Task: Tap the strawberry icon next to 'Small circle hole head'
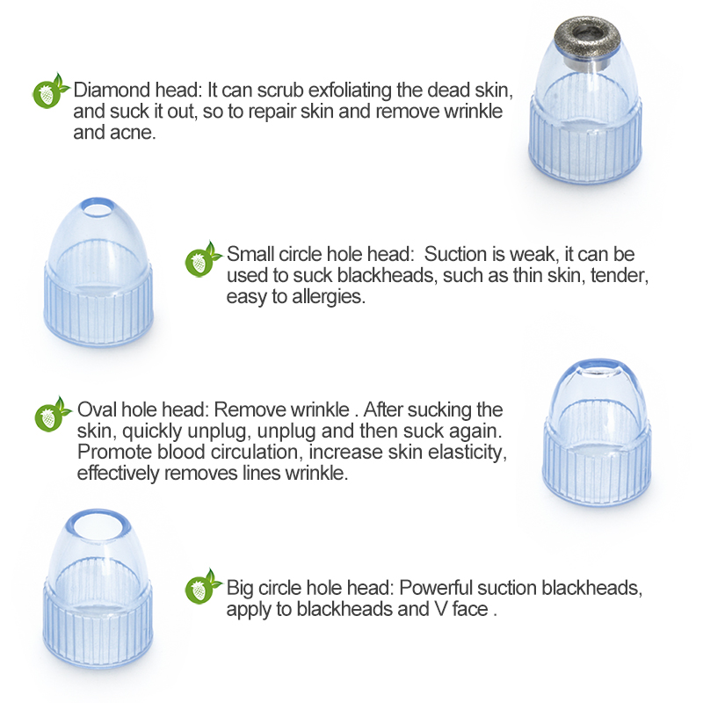pyautogui.click(x=202, y=259)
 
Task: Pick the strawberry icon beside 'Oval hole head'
pyautogui.click(x=52, y=415)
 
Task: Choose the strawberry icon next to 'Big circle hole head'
pyautogui.click(x=202, y=587)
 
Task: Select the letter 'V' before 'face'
pyautogui.click(x=441, y=609)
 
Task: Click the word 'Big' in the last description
pyautogui.click(x=240, y=589)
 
